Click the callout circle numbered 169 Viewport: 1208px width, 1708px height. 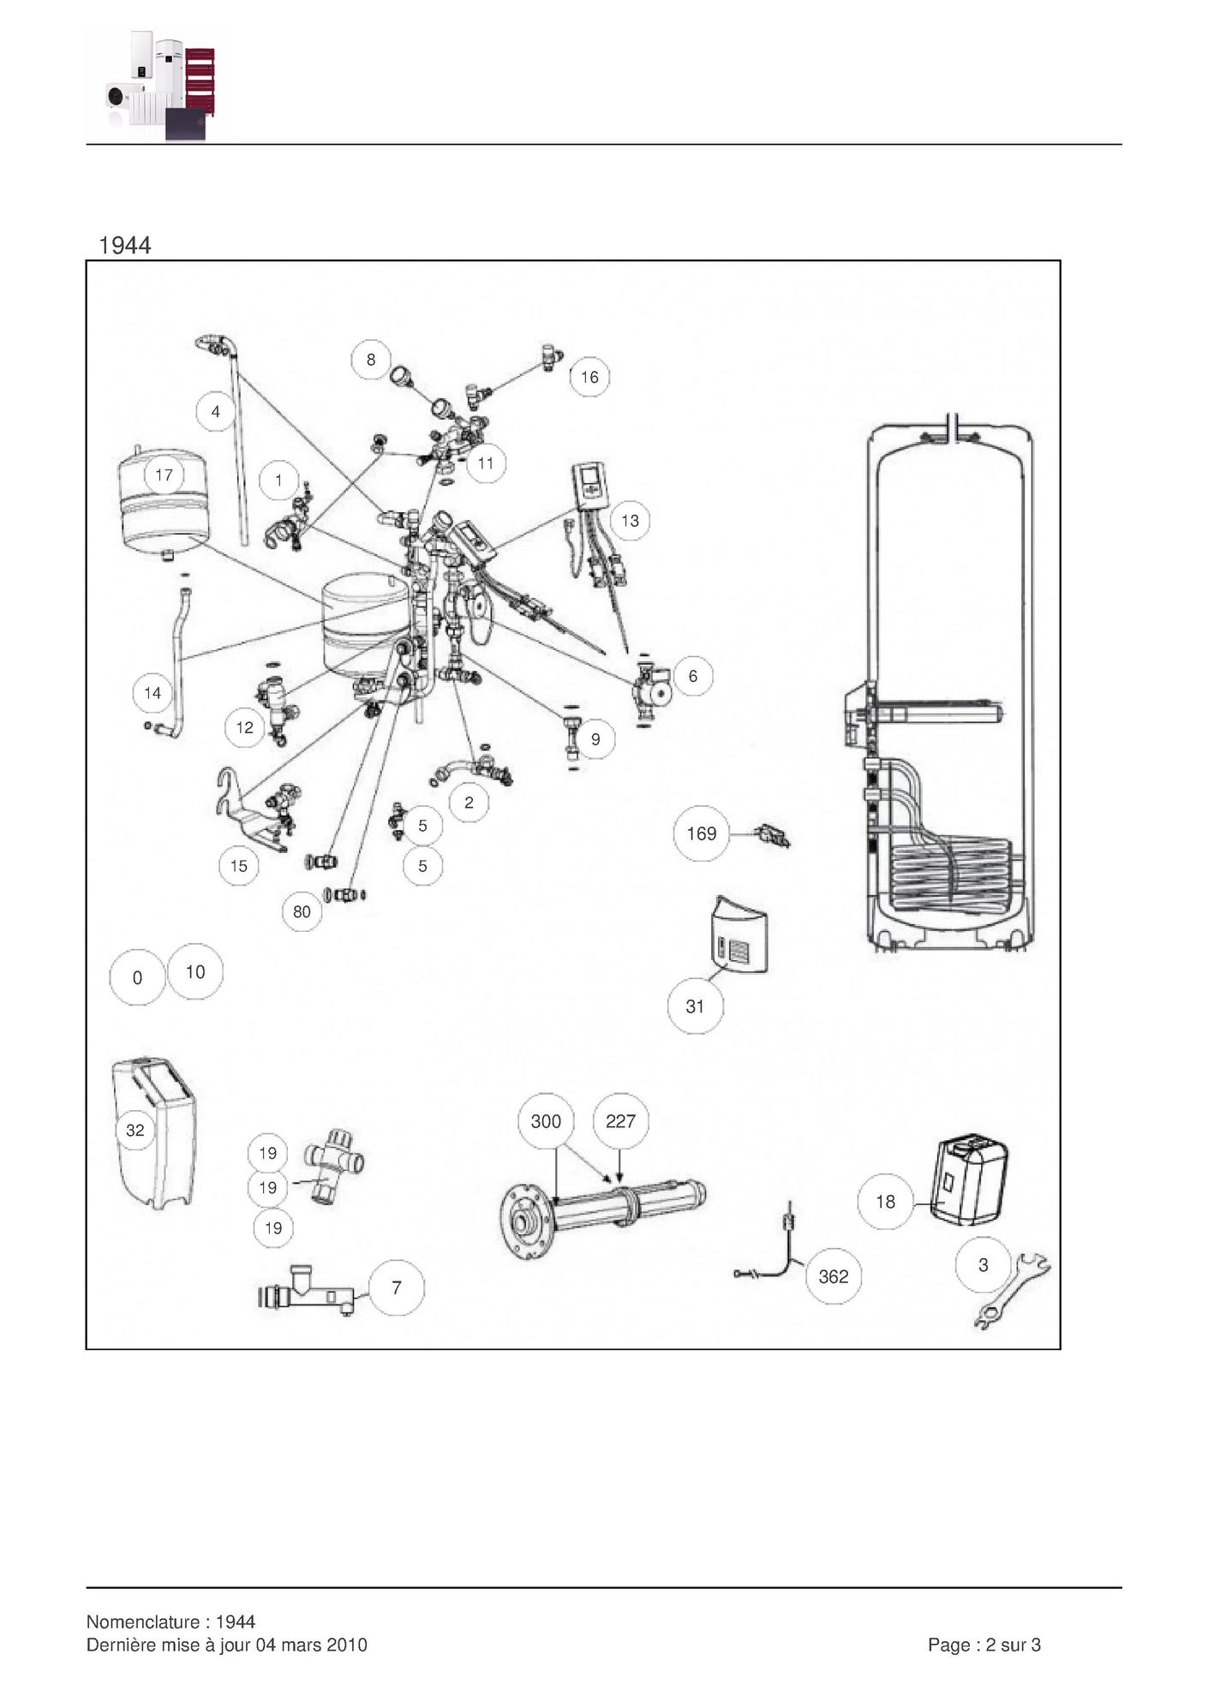[701, 833]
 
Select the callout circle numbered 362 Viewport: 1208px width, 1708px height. [834, 1276]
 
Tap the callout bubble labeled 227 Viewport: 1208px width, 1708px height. [620, 1121]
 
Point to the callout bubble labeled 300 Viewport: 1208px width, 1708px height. [546, 1121]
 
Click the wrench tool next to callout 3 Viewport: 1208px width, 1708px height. [1013, 1290]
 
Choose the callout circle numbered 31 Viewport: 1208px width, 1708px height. [695, 1006]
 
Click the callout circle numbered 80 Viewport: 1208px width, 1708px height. [302, 911]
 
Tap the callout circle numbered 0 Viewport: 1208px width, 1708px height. [137, 977]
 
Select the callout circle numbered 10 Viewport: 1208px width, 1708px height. [195, 971]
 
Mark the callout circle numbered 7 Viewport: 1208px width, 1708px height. [397, 1287]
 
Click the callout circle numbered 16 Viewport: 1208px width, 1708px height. [589, 377]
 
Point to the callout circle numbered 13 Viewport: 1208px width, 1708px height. [630, 521]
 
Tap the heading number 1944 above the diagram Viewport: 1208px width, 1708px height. [125, 246]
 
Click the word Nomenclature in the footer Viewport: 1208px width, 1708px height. [143, 1621]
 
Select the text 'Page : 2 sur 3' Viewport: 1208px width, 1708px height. [984, 1645]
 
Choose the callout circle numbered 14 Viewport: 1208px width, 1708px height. [152, 693]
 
